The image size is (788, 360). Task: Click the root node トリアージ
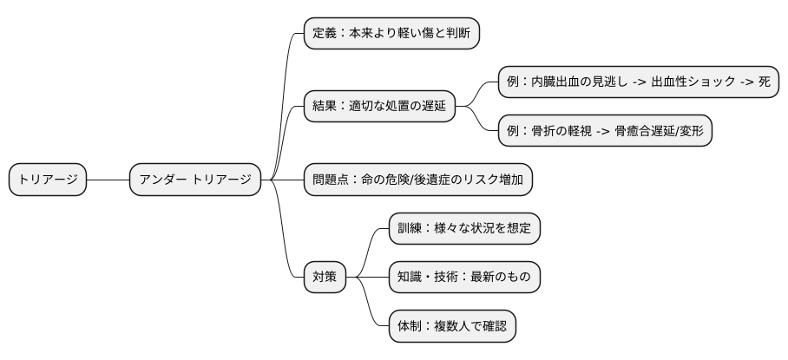pyautogui.click(x=48, y=180)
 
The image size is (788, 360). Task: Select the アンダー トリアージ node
pyautogui.click(x=194, y=180)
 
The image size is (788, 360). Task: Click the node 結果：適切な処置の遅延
pyautogui.click(x=379, y=107)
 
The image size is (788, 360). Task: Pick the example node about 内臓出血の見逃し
pyautogui.click(x=638, y=82)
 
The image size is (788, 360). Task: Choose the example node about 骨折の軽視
pyautogui.click(x=604, y=131)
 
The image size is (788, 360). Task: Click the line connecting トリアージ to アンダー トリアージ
pyautogui.click(x=108, y=180)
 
